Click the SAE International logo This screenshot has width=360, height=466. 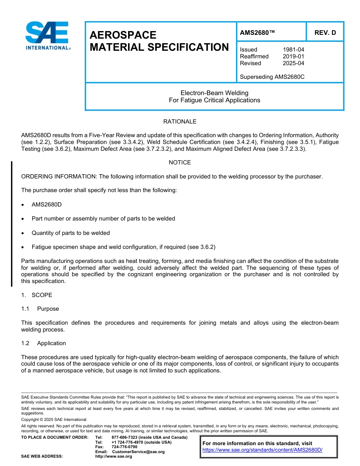(47, 35)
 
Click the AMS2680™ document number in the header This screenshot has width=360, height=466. (257, 33)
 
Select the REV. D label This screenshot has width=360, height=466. (325, 33)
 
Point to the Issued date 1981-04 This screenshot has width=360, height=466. (293, 50)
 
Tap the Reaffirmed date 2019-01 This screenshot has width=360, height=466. (293, 56)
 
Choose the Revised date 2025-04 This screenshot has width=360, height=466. (293, 63)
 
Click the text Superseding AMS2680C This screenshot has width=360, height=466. (272, 77)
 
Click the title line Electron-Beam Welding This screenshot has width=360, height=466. (214, 93)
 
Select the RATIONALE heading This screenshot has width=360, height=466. (180, 122)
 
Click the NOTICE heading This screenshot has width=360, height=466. (180, 163)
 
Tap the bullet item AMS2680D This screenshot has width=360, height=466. (47, 205)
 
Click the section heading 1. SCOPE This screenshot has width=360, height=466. (37, 295)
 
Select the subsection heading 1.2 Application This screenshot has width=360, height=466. (44, 343)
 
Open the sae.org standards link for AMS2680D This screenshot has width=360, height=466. (262, 450)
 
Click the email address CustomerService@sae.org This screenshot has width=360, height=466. (138, 452)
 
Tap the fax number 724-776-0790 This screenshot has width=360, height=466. (124, 447)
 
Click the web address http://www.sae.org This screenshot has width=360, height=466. (114, 456)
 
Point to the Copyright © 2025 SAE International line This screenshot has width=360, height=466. (54, 419)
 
